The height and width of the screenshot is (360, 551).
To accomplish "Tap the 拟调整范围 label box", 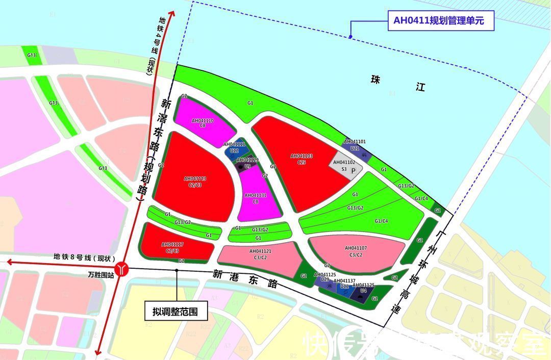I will (175, 311).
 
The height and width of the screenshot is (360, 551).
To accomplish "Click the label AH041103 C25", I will (301, 159).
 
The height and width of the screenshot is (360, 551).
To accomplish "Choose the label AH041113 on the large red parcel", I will (195, 182).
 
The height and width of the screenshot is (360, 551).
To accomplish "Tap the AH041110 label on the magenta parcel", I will (203, 122).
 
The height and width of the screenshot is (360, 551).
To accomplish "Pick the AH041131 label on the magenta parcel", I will (256, 198).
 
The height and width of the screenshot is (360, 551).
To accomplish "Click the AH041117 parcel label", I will (172, 247).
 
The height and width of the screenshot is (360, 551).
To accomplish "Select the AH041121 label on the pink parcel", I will (260, 254).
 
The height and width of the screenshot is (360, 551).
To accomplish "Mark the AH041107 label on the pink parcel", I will (356, 251).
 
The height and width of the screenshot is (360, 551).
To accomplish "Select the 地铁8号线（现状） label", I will (85, 258).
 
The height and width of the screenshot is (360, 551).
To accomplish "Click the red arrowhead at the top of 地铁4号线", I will (172, 12).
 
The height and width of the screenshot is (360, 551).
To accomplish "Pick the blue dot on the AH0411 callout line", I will (350, 36).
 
